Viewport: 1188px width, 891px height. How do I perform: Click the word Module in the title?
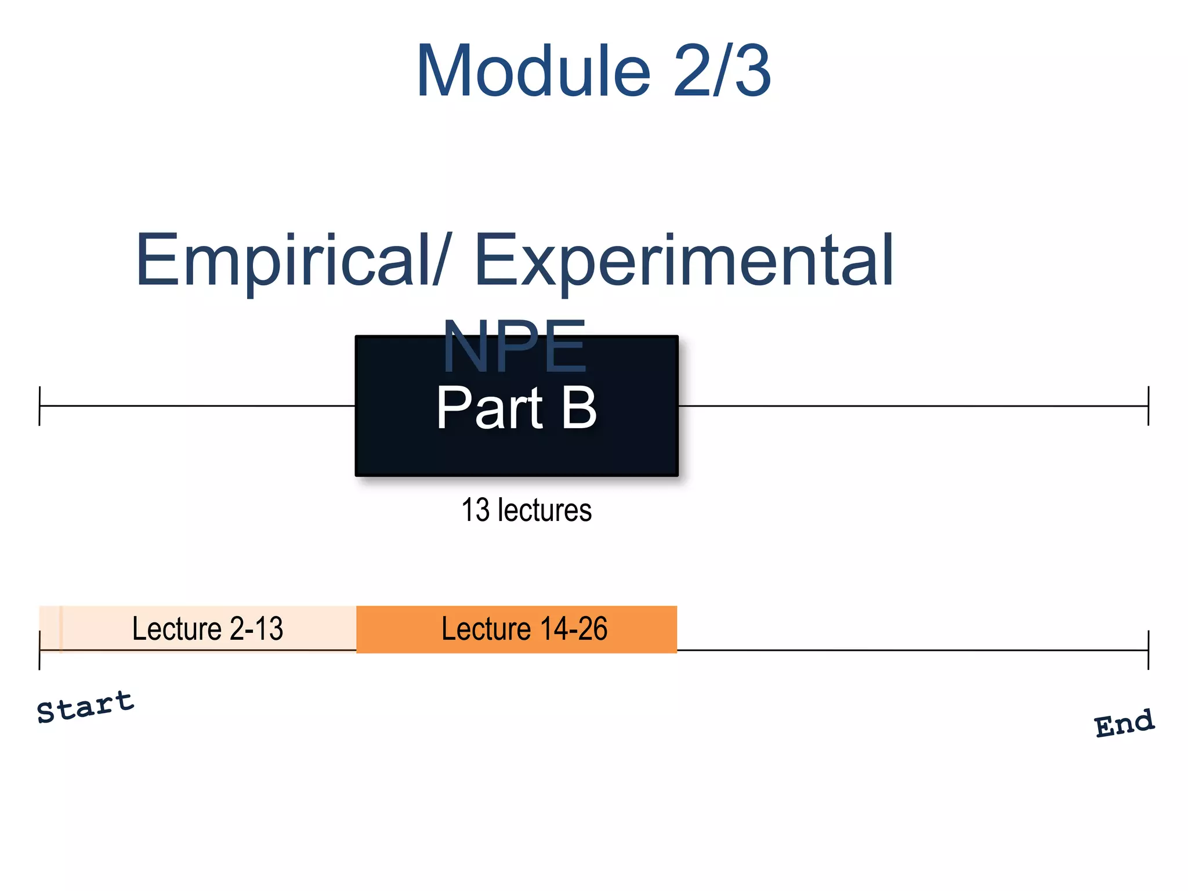pos(534,72)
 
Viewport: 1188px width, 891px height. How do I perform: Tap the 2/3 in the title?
pos(722,72)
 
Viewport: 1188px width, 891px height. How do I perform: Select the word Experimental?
pos(684,260)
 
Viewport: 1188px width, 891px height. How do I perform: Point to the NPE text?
pos(514,347)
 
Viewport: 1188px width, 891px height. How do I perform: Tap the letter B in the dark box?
pos(579,408)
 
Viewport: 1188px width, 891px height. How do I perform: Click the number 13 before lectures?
pos(475,510)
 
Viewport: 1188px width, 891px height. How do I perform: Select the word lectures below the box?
pos(545,510)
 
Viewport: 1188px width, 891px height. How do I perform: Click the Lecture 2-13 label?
pos(207,629)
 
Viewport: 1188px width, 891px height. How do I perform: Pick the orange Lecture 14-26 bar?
pos(516,629)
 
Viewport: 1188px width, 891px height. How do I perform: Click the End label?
pos(1124,723)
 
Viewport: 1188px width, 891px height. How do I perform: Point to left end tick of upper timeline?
pos(39,406)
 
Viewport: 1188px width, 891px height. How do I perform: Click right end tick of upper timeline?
pos(1148,406)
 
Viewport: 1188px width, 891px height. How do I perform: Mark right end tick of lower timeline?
pos(1148,650)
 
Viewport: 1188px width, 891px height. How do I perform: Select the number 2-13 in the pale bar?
pos(256,629)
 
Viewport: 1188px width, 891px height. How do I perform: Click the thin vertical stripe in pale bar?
pos(61,629)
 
